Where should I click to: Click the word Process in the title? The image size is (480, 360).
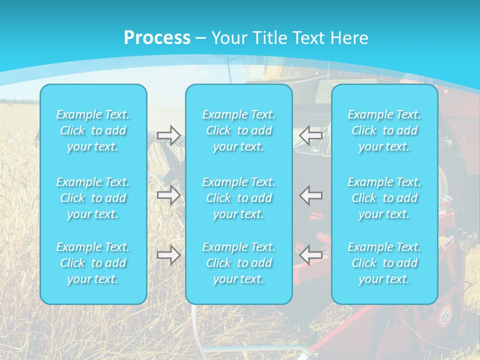[157, 38]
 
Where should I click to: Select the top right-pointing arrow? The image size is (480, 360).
[168, 135]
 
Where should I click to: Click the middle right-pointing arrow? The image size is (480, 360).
[168, 195]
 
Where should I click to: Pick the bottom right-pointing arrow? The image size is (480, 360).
[168, 255]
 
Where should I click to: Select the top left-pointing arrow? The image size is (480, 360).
[311, 135]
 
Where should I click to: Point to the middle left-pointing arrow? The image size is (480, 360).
[311, 195]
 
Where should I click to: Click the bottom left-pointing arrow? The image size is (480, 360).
[311, 255]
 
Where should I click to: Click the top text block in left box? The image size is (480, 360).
[93, 130]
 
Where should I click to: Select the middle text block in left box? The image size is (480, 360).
[93, 198]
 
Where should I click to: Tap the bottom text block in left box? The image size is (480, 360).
[93, 263]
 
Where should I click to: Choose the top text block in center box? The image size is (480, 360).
[239, 130]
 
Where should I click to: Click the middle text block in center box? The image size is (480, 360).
[239, 198]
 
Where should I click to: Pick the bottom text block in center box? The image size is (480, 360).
[239, 263]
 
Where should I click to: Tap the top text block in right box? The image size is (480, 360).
[384, 130]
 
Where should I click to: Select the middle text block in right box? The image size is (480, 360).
[384, 198]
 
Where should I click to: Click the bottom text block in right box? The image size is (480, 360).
[384, 263]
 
